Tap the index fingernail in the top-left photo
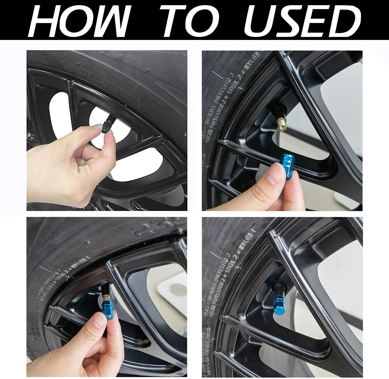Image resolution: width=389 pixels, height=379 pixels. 98,127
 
